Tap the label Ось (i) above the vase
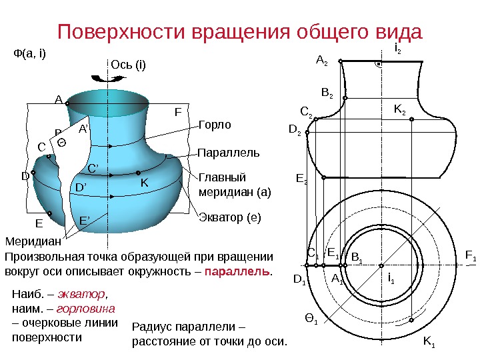(x=127, y=65)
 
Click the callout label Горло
(x=215, y=125)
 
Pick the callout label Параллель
(x=229, y=153)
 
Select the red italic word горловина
(x=86, y=309)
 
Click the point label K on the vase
(x=143, y=182)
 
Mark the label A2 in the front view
(x=321, y=61)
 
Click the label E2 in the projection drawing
(x=301, y=178)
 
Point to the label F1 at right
(x=470, y=256)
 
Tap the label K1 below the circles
(x=429, y=343)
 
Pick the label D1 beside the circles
(x=299, y=281)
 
